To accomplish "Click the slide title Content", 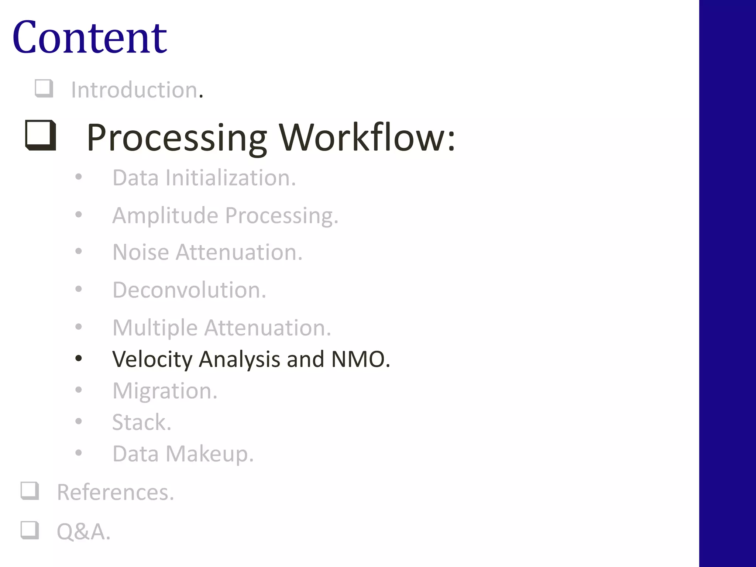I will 90,38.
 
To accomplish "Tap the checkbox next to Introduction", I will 44,89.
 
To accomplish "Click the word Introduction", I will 135,90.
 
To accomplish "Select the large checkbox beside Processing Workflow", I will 41,135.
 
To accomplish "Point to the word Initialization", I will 230,178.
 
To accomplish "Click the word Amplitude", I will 165,216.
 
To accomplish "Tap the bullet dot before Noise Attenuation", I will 78,251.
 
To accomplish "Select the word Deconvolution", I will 189,290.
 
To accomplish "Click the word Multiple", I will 155,328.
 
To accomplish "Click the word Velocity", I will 152,359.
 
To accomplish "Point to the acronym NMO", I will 360,359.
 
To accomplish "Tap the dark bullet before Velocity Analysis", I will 78,358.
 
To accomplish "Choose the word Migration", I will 165,391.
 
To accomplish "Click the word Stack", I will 141,422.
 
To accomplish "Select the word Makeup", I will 209,454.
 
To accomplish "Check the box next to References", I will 30,491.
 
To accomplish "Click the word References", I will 115,492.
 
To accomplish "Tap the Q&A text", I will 83,532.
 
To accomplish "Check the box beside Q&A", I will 30,530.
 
